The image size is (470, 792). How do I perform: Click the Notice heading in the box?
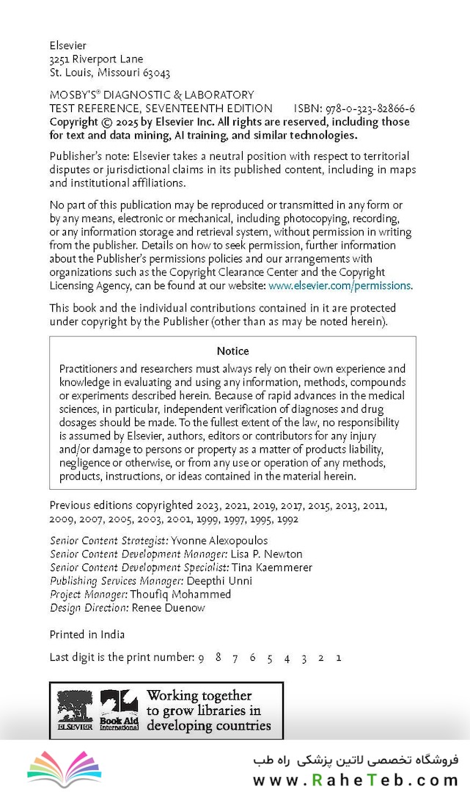(232, 351)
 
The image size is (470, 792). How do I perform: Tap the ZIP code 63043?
(157, 73)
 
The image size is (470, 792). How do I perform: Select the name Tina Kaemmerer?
(272, 568)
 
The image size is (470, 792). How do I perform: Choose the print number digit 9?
(201, 658)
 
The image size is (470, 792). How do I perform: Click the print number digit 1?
(338, 658)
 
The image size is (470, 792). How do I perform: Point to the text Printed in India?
(87, 634)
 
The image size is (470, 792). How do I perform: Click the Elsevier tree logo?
(76, 710)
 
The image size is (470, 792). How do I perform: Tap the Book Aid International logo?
(119, 710)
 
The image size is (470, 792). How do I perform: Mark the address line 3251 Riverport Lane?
(96, 59)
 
